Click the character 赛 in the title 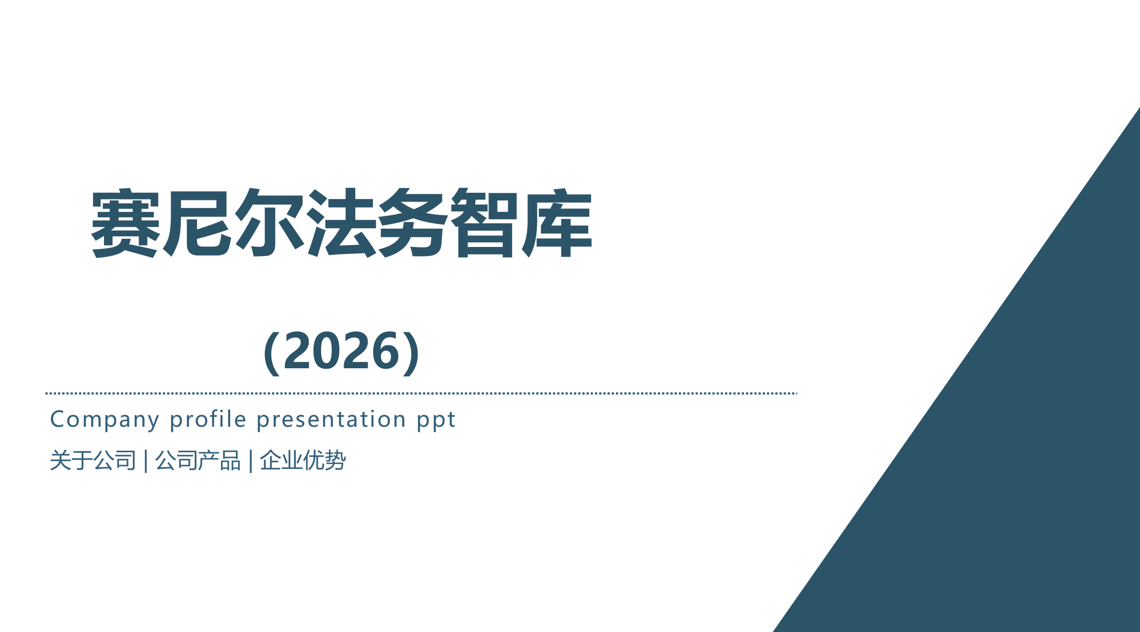(126, 223)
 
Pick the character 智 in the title (485, 223)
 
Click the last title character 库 (557, 223)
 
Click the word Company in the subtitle (105, 420)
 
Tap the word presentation (331, 420)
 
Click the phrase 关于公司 (93, 460)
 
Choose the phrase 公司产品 (198, 460)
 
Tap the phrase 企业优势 (302, 460)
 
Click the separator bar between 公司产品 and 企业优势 (251, 461)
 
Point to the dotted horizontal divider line (421, 393)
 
